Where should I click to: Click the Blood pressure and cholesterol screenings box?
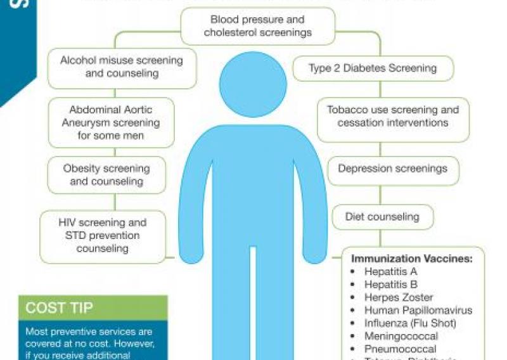257,27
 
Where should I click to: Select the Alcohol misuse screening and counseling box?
122,67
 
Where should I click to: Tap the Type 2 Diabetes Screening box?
373,68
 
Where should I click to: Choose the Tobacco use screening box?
393,116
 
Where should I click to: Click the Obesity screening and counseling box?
106,175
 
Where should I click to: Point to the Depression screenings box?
392,169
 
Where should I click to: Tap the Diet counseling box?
382,217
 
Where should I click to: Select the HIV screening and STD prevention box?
103,236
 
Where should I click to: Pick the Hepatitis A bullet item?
390,271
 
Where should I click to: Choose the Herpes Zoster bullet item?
399,297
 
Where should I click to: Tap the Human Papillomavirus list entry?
418,311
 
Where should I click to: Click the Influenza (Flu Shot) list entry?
409,323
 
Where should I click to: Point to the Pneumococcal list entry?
400,349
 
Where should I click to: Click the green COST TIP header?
93,308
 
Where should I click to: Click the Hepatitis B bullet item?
390,285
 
